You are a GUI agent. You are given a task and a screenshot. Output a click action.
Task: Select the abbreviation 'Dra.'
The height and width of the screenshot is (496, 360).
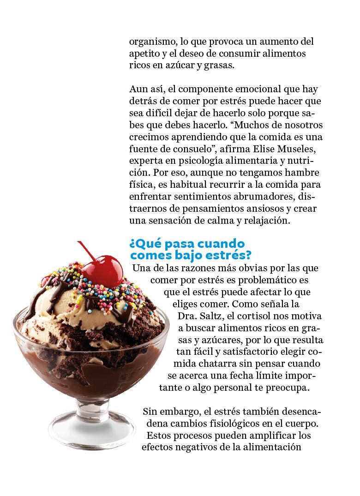(188, 316)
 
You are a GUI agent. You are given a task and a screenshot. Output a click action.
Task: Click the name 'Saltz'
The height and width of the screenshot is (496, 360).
(215, 316)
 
